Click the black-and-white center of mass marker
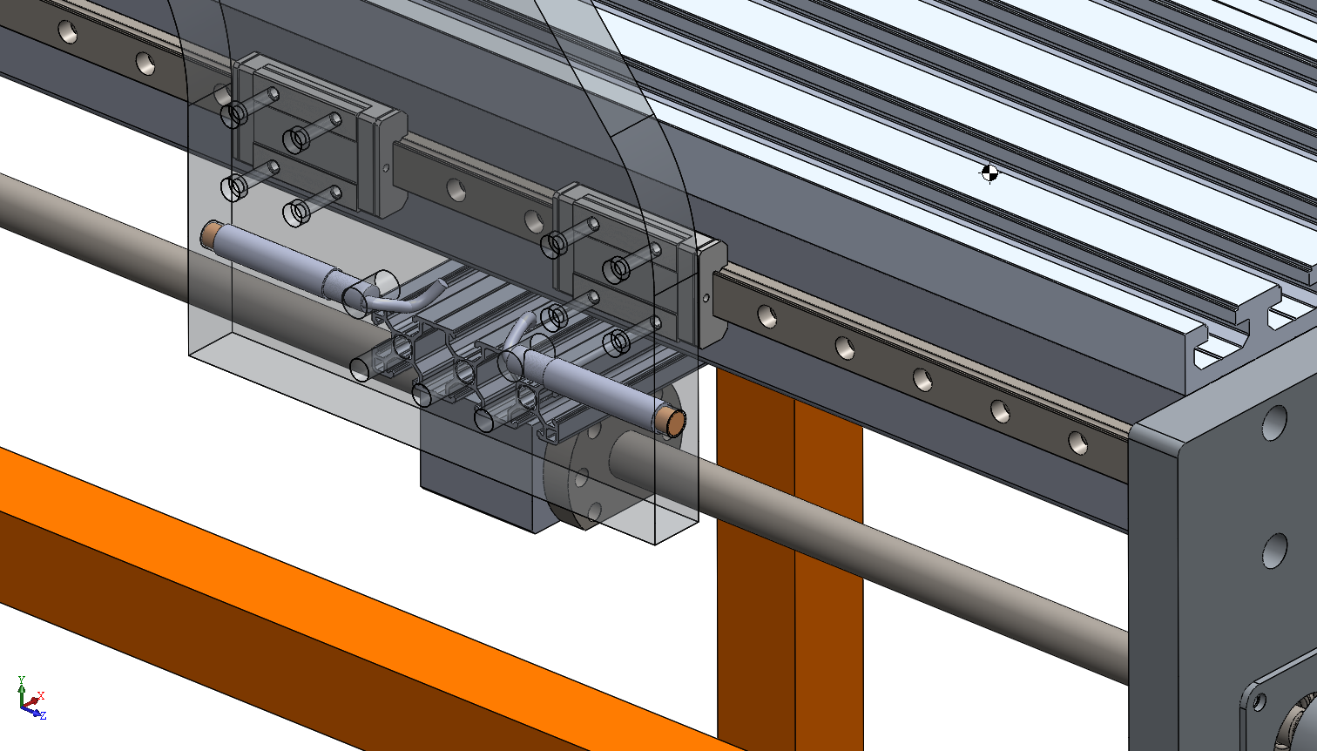[989, 173]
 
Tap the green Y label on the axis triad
[21, 680]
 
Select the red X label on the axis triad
[41, 696]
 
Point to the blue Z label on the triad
[43, 715]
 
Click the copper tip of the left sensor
[209, 234]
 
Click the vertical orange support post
[790, 558]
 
